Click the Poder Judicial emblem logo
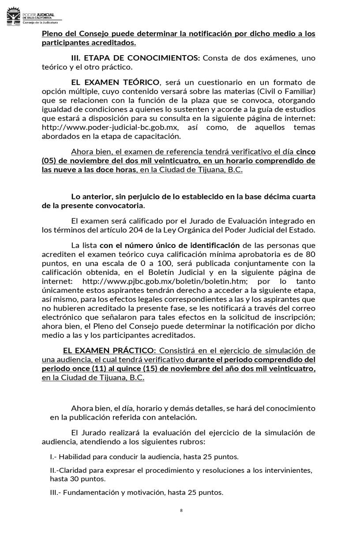click(14, 17)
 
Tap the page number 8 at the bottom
click(181, 510)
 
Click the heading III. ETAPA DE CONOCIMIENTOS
click(135, 58)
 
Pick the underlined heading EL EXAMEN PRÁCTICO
click(109, 351)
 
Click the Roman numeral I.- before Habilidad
click(53, 457)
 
